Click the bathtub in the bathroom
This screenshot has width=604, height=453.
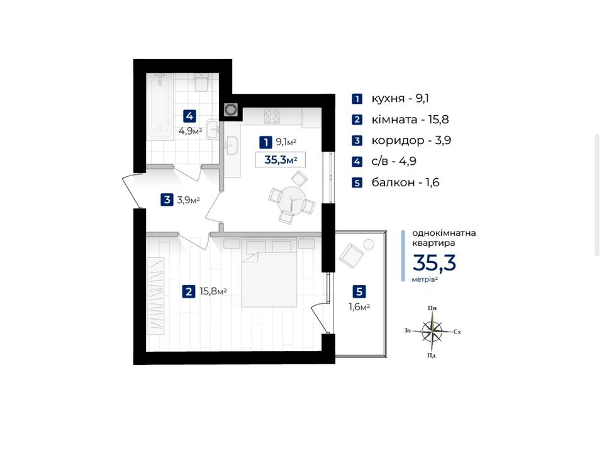click(160, 107)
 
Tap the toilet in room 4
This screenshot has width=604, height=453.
click(201, 82)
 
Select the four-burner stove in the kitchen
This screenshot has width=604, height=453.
click(272, 116)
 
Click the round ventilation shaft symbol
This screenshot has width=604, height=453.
click(230, 110)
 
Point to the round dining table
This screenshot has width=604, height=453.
click(293, 199)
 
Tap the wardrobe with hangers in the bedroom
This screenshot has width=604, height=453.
click(156, 296)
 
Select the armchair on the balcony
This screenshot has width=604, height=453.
click(351, 255)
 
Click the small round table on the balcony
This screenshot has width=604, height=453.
click(369, 244)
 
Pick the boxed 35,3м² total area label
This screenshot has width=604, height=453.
click(281, 159)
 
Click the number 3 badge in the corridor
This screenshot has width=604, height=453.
click(167, 200)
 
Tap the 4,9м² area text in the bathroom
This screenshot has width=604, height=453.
click(190, 131)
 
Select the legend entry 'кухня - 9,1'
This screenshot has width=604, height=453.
click(400, 99)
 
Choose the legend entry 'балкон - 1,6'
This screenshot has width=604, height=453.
click(406, 182)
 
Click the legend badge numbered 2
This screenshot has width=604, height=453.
click(357, 120)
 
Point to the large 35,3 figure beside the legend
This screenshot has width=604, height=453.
click(434, 263)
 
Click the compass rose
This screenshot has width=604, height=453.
click(433, 330)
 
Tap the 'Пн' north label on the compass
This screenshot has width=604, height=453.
click(432, 308)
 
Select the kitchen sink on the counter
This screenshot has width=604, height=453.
click(232, 145)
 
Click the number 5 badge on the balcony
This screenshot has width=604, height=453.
click(359, 291)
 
